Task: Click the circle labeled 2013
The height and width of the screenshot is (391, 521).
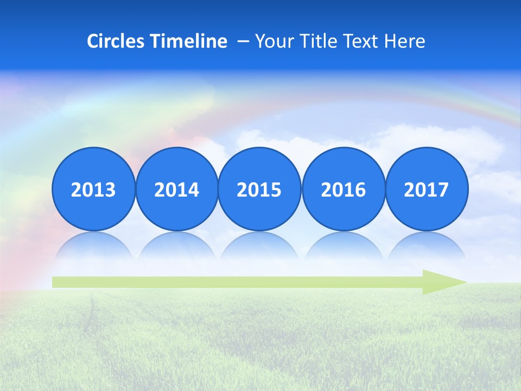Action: click(93, 189)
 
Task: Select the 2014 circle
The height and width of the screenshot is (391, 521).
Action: click(176, 189)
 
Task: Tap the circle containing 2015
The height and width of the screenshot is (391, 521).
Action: click(259, 189)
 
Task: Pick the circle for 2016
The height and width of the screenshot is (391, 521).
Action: click(343, 189)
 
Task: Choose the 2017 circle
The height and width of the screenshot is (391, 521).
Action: click(426, 189)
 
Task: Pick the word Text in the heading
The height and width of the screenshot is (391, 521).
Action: click(365, 41)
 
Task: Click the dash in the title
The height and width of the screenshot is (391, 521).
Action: click(243, 41)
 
